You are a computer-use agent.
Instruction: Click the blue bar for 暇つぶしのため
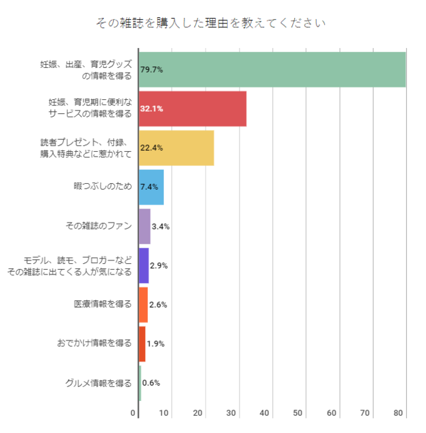(x=151, y=187)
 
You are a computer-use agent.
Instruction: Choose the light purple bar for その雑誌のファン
(x=144, y=226)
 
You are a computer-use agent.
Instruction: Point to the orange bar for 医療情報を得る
(x=143, y=304)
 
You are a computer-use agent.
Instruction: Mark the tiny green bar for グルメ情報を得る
(x=140, y=383)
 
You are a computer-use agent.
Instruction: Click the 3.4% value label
(x=160, y=226)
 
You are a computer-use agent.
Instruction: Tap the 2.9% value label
(x=158, y=266)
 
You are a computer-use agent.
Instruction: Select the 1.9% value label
(x=155, y=344)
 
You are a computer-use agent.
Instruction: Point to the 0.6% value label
(x=151, y=383)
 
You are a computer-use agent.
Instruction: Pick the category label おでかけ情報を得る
(x=95, y=344)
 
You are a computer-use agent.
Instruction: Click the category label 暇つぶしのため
(x=103, y=187)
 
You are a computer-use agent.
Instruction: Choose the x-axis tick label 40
(x=265, y=414)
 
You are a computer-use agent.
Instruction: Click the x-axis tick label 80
(x=399, y=414)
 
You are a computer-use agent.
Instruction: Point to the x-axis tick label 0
(x=134, y=414)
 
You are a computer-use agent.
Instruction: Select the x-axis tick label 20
(x=198, y=414)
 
